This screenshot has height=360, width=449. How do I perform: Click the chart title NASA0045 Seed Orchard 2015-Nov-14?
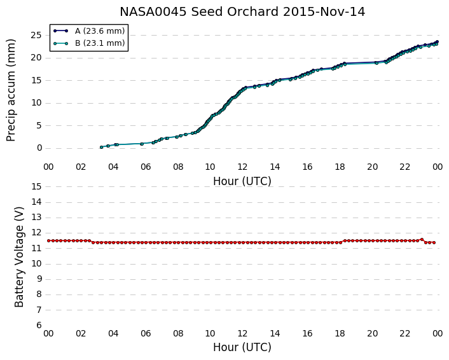(242, 12)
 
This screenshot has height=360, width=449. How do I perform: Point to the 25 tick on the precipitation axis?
(36, 36)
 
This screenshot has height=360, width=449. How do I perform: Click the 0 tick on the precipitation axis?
(39, 148)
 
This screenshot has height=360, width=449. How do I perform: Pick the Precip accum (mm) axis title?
(11, 90)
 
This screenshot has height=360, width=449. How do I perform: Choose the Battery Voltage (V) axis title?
(19, 257)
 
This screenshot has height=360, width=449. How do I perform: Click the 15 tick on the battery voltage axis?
(36, 187)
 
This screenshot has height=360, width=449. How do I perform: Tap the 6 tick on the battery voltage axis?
(39, 326)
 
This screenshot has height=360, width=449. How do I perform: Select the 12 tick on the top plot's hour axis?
(242, 167)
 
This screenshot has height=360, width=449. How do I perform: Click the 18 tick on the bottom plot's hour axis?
(340, 334)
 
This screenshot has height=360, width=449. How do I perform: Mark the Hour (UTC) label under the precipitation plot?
(242, 181)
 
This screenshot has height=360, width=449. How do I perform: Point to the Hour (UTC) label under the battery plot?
(242, 347)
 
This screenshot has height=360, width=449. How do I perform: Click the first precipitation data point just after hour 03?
(101, 147)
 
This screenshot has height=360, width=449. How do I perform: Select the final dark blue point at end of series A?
(437, 42)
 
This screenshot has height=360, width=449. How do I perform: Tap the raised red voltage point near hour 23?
(422, 239)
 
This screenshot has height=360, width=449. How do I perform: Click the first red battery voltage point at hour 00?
(48, 240)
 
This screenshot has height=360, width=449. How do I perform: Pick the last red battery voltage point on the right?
(434, 242)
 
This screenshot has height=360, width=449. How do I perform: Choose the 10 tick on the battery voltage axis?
(36, 264)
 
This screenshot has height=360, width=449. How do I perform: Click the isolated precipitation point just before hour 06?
(142, 144)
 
